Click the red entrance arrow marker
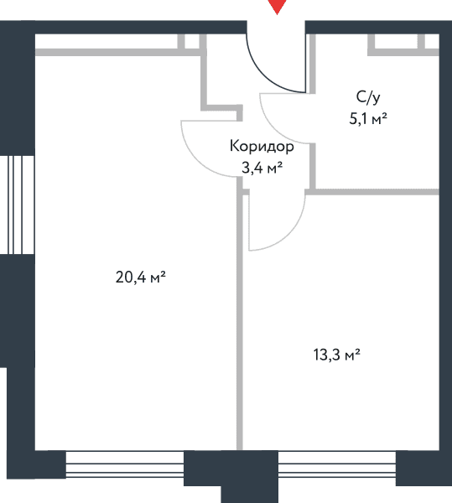(277, 6)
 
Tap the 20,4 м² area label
(141, 277)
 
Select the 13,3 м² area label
(336, 355)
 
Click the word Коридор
(262, 146)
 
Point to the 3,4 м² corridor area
(262, 168)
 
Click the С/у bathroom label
(368, 97)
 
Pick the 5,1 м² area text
(368, 119)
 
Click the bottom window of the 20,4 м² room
(125, 464)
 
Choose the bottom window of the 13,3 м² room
(337, 464)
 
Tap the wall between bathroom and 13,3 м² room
(372, 192)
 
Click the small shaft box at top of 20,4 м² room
(192, 42)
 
